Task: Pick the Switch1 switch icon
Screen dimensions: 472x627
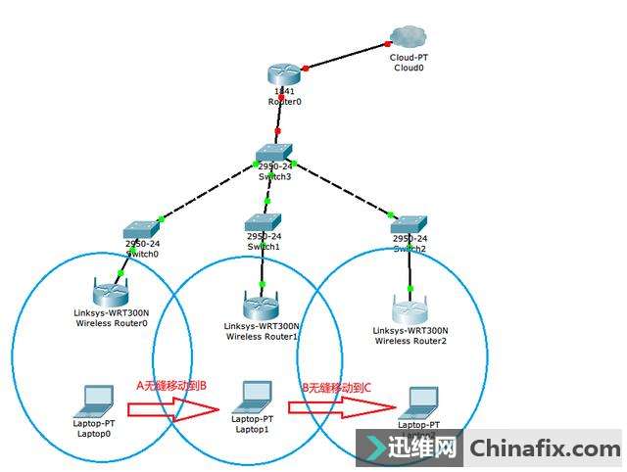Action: click(264, 222)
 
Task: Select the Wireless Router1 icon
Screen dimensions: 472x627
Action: click(261, 302)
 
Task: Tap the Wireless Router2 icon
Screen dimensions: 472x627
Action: click(411, 307)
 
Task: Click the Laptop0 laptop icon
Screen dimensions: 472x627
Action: click(96, 399)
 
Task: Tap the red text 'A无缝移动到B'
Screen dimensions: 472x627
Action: click(170, 385)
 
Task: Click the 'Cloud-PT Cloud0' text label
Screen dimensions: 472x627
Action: click(409, 63)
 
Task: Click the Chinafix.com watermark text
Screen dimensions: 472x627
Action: click(544, 449)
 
